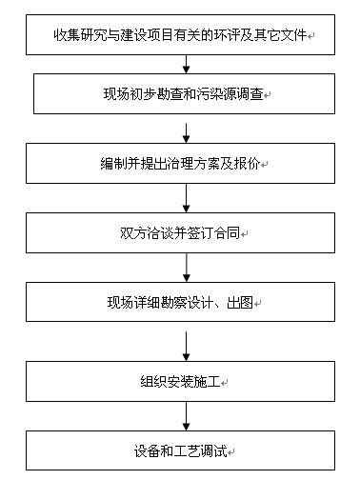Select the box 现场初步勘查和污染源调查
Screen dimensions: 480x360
coord(186,94)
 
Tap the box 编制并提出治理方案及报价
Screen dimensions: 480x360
coord(186,163)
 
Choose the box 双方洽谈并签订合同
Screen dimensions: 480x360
coord(186,232)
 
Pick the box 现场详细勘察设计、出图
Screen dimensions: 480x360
coord(186,303)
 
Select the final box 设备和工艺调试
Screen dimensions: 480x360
coord(186,450)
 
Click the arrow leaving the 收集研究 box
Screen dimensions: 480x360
coord(186,64)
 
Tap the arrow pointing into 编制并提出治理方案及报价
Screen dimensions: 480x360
coord(186,129)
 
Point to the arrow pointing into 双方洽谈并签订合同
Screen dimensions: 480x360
coord(186,198)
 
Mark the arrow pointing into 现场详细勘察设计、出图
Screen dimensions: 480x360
coord(186,268)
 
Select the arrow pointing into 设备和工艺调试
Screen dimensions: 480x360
coord(186,416)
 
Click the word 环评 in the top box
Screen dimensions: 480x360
coord(250,37)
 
